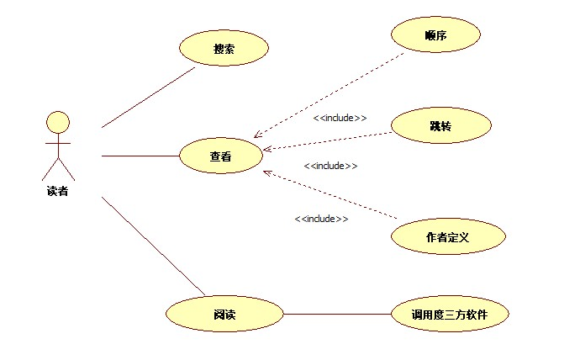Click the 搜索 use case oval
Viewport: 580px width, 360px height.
tap(224, 49)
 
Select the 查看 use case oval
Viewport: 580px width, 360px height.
tap(221, 156)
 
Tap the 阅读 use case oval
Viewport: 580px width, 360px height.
tap(224, 315)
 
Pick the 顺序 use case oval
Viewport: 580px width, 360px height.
tap(435, 35)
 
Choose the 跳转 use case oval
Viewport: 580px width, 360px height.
tap(440, 125)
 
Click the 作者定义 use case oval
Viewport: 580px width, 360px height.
tap(448, 237)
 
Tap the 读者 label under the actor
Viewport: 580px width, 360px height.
tap(57, 191)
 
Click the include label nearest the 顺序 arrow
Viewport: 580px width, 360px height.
tap(340, 118)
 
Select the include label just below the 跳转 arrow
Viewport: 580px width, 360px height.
tap(330, 166)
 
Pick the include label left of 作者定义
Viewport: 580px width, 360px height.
tap(321, 219)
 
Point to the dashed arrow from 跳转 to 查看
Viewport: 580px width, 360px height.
tap(328, 140)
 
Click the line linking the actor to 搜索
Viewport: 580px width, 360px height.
tap(148, 98)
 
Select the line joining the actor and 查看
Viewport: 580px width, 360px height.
tap(140, 156)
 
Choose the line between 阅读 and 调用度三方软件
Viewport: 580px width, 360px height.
tap(336, 315)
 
